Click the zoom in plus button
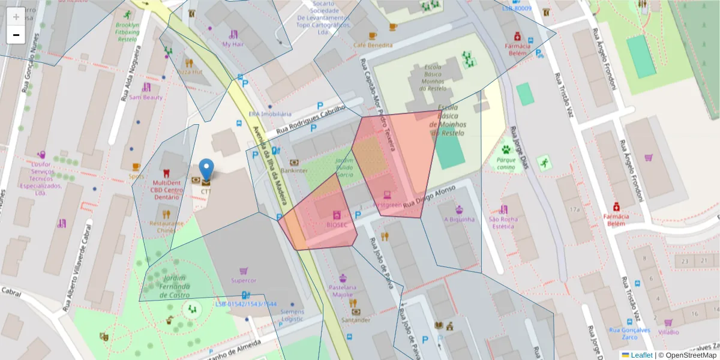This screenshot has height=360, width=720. tap(16, 17)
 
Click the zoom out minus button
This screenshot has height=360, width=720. tap(16, 35)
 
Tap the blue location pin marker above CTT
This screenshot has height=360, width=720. tap(206, 170)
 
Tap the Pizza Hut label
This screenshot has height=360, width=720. tap(189, 71)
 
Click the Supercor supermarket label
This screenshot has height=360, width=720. tap(244, 280)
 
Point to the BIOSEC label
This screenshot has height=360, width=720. tap(337, 224)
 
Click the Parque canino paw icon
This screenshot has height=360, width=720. tap(506, 149)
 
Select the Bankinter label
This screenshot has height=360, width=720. tap(294, 170)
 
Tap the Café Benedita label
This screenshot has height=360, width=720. tap(373, 45)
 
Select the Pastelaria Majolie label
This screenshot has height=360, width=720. tap(343, 291)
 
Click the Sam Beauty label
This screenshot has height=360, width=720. tap(146, 97)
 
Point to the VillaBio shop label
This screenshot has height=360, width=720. tap(668, 332)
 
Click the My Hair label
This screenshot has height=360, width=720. tap(233, 44)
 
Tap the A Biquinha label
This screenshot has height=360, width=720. tap(459, 219)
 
